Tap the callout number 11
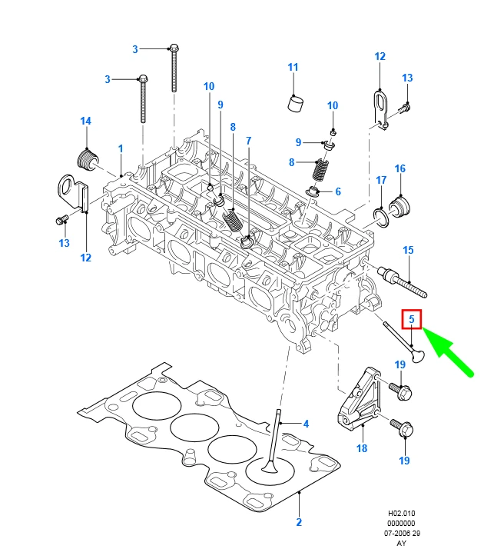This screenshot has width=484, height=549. pyautogui.click(x=293, y=68)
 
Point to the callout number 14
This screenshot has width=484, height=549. pyautogui.click(x=86, y=121)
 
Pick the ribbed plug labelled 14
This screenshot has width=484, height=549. pyautogui.click(x=88, y=159)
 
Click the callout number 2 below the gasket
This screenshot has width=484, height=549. pyautogui.click(x=299, y=523)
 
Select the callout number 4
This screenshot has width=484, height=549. pyautogui.click(x=306, y=424)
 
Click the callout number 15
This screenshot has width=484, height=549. pyautogui.click(x=408, y=250)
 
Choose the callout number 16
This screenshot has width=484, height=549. pyautogui.click(x=399, y=168)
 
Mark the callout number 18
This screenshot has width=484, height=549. pyautogui.click(x=361, y=448)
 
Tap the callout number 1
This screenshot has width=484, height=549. pyautogui.click(x=120, y=147)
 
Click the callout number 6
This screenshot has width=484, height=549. pyautogui.click(x=337, y=191)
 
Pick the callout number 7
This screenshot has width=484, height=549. pyautogui.click(x=248, y=141)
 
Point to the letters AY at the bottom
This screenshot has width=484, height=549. pyautogui.click(x=401, y=543)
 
